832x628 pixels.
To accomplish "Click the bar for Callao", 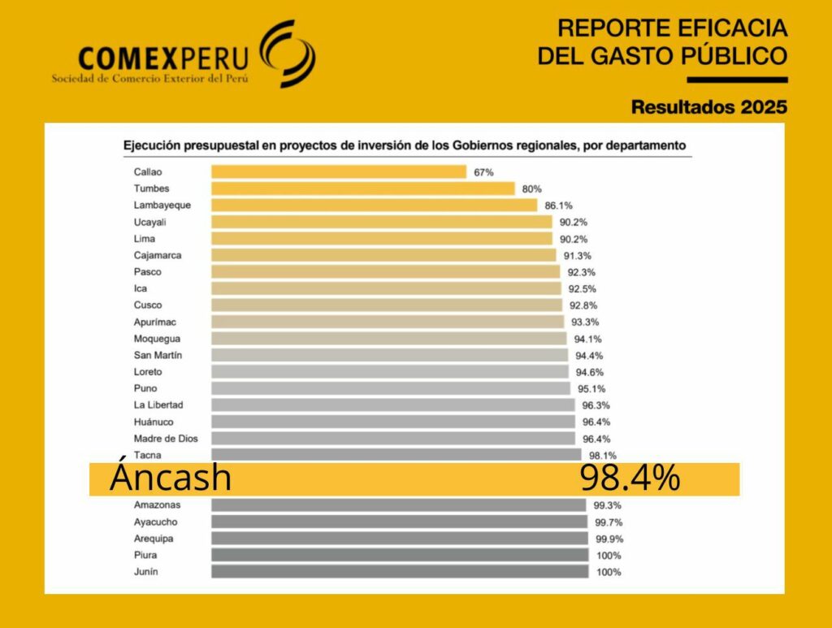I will click(x=338, y=171).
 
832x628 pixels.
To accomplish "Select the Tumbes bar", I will click(x=362, y=188).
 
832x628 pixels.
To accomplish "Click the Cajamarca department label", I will click(x=157, y=255).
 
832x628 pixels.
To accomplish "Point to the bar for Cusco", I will click(x=387, y=305).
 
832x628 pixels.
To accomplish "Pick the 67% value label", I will click(x=484, y=172).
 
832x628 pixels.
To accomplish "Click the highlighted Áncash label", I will click(x=171, y=479).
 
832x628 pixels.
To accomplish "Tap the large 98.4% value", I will click(x=630, y=479).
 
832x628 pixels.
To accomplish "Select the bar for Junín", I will click(x=399, y=572).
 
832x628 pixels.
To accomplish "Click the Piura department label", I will click(x=145, y=555).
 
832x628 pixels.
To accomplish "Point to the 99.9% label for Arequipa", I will click(x=608, y=539).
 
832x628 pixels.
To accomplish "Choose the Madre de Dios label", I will click(x=165, y=438).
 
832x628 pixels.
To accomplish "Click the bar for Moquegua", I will click(x=388, y=338).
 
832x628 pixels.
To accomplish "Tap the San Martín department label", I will click(x=158, y=355).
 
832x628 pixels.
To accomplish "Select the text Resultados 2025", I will click(x=709, y=106).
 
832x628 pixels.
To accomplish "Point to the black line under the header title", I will click(x=737, y=80).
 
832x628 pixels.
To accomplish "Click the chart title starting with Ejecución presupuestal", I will click(x=404, y=145).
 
